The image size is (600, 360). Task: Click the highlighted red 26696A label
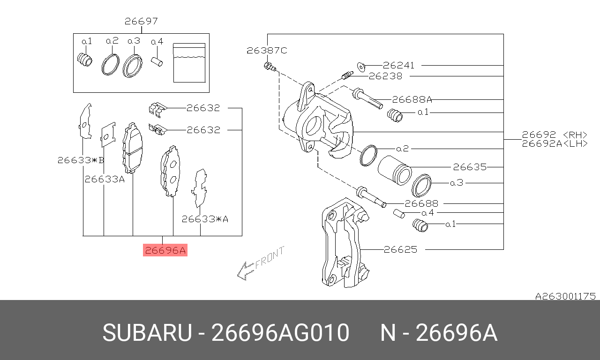(165, 251)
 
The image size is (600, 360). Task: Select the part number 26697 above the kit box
(141, 22)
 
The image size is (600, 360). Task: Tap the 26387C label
(267, 50)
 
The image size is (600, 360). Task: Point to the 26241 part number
(398, 66)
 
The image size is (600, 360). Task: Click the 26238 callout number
(385, 76)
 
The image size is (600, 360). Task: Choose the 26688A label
(412, 99)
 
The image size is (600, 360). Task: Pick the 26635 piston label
(469, 167)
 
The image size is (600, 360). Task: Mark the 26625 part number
(400, 250)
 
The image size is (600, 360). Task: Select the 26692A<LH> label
(555, 144)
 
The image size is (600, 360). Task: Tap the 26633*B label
(81, 160)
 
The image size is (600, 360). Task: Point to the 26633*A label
(205, 218)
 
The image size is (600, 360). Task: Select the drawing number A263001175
(565, 296)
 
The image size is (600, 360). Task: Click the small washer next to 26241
(361, 65)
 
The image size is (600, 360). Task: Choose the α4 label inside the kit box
(157, 42)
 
